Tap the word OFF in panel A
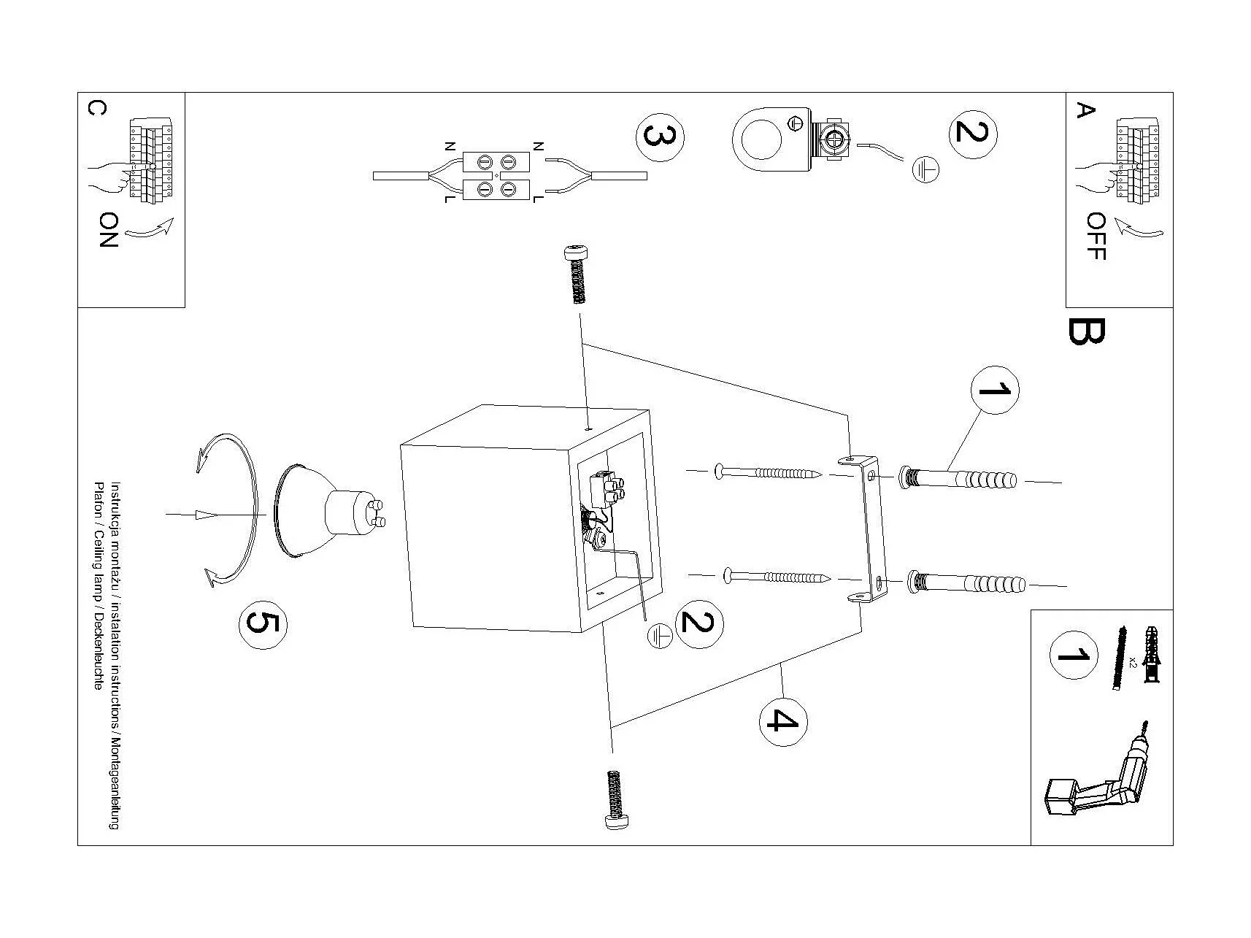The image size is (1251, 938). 1096,236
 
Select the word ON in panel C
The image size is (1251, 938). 108,230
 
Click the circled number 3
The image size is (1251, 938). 661,138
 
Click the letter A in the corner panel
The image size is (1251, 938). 1086,111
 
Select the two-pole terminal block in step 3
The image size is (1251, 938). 496,177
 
